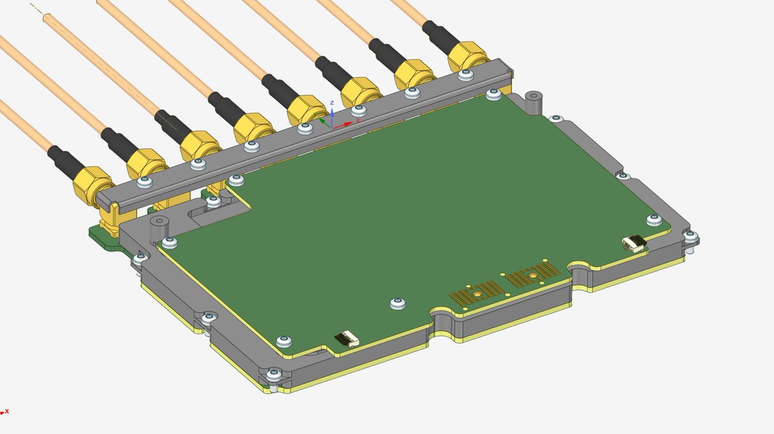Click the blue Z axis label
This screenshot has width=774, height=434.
click(331, 103)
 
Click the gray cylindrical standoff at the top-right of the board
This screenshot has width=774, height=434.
click(533, 102)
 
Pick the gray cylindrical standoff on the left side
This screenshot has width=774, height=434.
click(159, 227)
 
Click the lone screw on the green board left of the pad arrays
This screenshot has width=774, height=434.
click(398, 303)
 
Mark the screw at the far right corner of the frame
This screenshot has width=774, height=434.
click(691, 236)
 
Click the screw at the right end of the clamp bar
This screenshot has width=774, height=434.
click(463, 76)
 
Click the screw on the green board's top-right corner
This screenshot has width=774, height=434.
click(494, 96)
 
